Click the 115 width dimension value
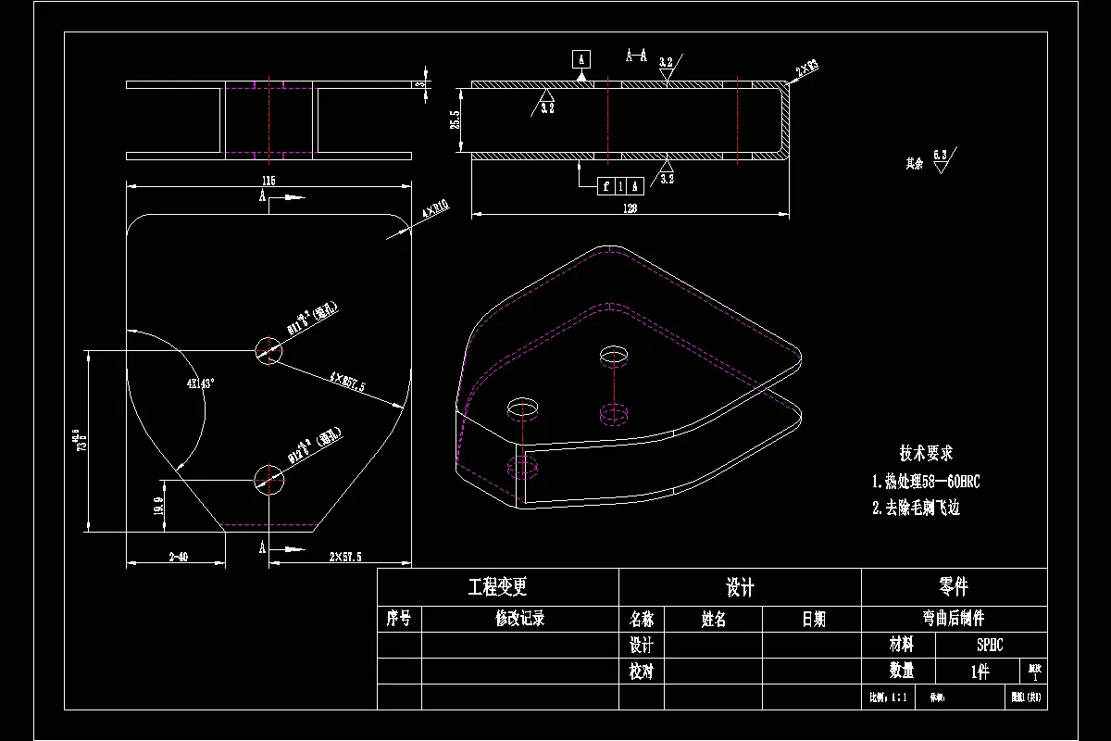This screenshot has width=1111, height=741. (x=269, y=180)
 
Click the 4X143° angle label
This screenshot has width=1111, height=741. (x=200, y=383)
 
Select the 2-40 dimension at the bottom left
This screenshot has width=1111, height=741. (x=178, y=557)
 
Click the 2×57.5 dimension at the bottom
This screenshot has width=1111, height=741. (x=345, y=557)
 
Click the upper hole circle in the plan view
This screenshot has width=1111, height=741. (x=268, y=350)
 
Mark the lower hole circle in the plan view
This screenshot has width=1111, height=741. (x=268, y=480)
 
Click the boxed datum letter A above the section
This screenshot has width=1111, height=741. (x=580, y=59)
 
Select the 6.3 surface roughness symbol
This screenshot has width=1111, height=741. (x=941, y=157)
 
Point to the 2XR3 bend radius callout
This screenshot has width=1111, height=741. (x=806, y=67)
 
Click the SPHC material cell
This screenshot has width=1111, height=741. (x=990, y=645)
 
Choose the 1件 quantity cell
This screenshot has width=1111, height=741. (x=980, y=672)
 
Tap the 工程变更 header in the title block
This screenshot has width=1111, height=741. (x=497, y=587)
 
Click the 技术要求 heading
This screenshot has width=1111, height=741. (x=926, y=453)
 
